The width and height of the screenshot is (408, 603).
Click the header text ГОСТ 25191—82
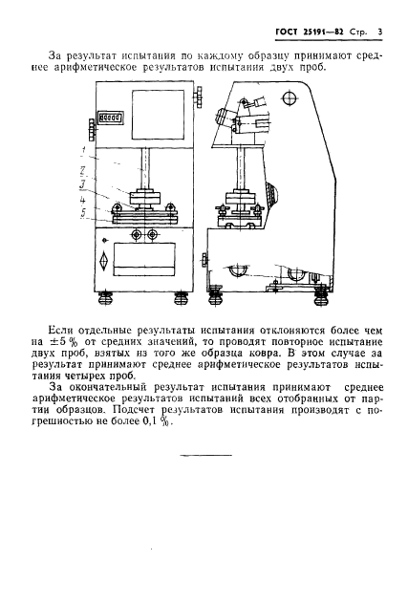tap(304, 33)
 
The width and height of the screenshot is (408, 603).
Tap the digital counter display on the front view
tap(97, 120)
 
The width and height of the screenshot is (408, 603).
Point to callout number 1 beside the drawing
tap(84, 151)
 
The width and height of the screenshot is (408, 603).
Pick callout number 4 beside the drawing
tap(84, 200)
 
